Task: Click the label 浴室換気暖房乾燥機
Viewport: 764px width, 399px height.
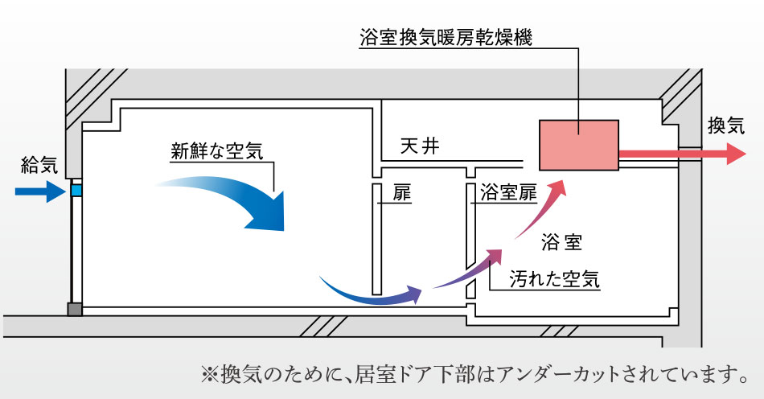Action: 446,37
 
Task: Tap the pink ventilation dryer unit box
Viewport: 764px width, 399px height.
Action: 578,145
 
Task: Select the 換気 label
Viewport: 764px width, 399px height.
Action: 727,125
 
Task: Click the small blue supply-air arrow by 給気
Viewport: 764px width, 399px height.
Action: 39,191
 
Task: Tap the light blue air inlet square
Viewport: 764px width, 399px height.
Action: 76,191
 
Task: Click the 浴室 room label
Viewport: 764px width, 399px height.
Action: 562,241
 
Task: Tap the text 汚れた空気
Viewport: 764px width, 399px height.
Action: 555,279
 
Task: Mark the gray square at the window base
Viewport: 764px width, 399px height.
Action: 75,309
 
